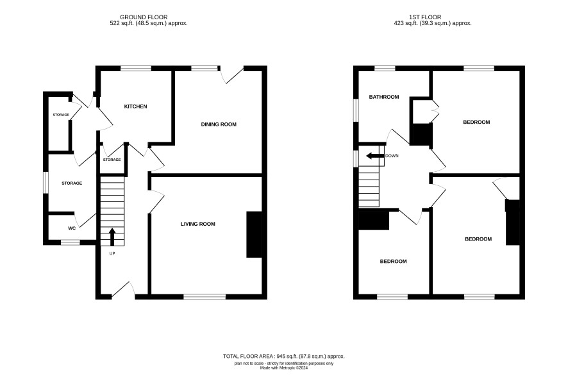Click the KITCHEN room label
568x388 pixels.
coord(135,106)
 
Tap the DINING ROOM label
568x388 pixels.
coord(219,124)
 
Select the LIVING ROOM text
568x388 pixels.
coord(198,224)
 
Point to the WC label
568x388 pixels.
coord(72,228)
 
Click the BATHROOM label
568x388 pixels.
coord(384,97)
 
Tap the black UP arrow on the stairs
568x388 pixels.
coord(112,237)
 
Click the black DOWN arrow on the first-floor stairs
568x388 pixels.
coord(375,156)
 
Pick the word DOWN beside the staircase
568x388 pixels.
coord(392,156)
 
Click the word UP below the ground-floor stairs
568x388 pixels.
coord(112,253)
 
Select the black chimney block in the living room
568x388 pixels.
coord(254,235)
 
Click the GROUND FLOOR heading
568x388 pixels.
coord(144,17)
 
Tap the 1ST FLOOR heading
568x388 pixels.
coord(425,17)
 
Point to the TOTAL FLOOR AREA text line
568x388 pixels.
coord(283,356)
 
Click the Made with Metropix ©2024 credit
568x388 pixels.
coord(284,368)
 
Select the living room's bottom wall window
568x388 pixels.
coord(205,297)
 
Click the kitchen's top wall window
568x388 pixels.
coord(136,68)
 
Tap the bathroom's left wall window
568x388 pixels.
coord(356,110)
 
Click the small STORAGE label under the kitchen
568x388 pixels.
coord(112,160)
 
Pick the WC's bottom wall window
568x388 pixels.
coord(71,242)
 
